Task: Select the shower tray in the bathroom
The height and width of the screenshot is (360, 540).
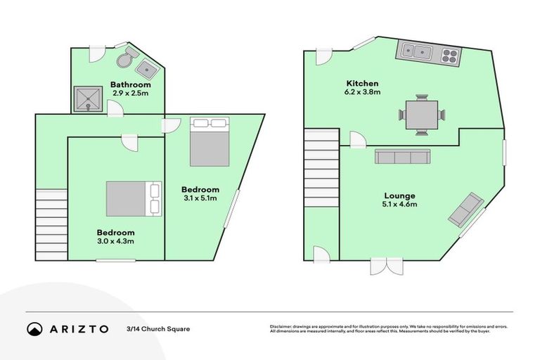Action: (x=89, y=99)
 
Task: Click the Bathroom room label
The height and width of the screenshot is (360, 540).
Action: (x=130, y=85)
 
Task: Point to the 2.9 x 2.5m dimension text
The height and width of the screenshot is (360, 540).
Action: (x=130, y=93)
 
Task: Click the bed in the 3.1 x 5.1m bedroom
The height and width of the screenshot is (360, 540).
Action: (x=210, y=143)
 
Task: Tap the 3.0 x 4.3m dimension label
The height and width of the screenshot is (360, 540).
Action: (x=115, y=241)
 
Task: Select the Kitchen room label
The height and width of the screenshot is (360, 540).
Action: (x=362, y=83)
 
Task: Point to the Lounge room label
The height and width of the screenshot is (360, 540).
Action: (x=399, y=196)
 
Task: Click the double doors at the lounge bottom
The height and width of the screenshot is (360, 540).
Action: (x=387, y=266)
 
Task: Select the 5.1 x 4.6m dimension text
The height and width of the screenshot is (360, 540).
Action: (x=399, y=205)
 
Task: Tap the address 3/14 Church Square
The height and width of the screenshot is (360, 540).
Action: (x=158, y=328)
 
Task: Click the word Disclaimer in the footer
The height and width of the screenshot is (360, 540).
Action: (x=281, y=326)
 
